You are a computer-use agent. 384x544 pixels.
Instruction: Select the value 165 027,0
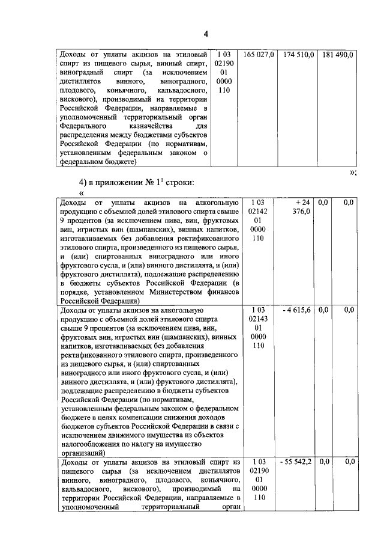[258, 55]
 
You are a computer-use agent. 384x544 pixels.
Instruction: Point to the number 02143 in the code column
[257, 319]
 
